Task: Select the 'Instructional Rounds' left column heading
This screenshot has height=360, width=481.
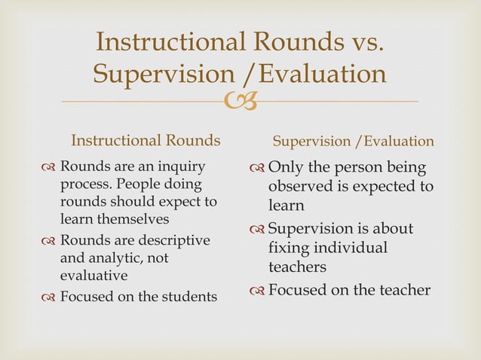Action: [146, 141]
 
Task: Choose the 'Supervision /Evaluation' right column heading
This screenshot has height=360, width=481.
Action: [353, 141]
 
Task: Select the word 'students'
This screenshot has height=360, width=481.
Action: [185, 297]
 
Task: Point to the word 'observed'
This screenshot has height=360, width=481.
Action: [302, 186]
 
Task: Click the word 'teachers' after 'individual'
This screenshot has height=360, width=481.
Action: [298, 267]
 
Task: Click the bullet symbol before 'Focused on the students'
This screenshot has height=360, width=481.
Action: [49, 297]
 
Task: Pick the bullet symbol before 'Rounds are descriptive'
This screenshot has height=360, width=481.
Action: [49, 242]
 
